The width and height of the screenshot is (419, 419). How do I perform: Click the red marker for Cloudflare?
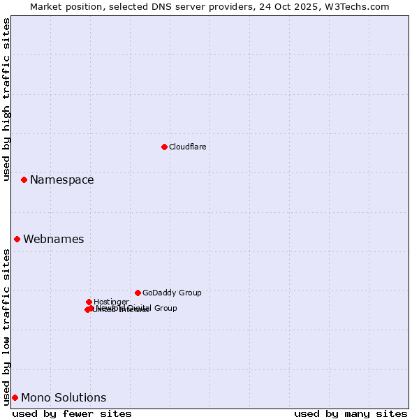(164, 147)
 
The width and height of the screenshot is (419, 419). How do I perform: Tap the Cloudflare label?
(187, 147)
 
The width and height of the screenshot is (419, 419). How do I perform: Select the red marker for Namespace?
(24, 179)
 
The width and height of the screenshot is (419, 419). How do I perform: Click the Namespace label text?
(61, 179)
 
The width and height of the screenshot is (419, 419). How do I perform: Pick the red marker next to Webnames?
(17, 239)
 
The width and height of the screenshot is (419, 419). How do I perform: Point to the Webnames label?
(53, 239)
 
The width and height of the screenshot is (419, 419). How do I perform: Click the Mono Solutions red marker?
(15, 397)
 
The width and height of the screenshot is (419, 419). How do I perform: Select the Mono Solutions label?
(64, 397)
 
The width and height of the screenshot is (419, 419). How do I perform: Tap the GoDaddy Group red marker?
(138, 293)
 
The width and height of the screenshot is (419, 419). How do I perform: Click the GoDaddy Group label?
(172, 293)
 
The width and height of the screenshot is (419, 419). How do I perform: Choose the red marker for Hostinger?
(89, 302)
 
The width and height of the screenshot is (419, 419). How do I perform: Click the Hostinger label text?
(111, 302)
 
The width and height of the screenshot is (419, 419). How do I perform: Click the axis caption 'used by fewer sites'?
(72, 413)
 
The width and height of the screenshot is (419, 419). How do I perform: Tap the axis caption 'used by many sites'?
(351, 413)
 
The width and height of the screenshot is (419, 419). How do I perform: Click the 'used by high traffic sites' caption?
(7, 99)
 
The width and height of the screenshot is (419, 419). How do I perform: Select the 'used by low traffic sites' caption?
(7, 327)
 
